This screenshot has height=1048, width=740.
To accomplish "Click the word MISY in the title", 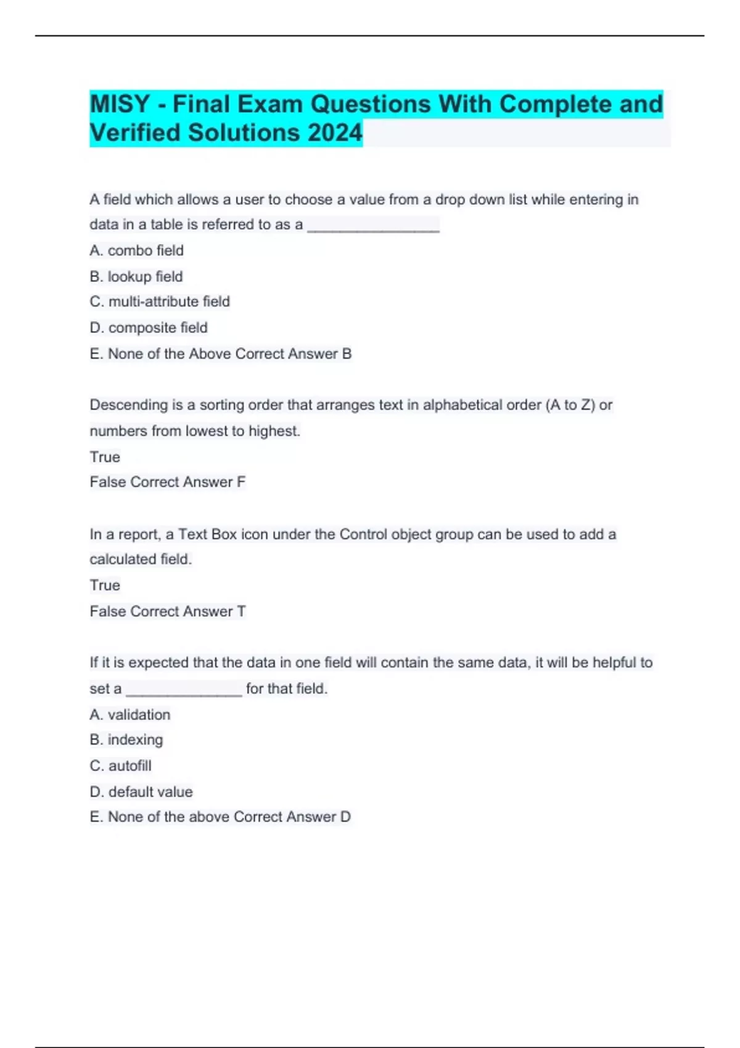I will point(120,104).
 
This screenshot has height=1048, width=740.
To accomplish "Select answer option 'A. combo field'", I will point(136,250).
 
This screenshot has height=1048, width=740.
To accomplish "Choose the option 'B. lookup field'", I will point(136,276).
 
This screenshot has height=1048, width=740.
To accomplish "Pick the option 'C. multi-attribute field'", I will point(159,301).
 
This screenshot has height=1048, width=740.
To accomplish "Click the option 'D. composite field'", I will point(148,327).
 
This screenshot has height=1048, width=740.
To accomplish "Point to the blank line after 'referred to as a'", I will point(373,226).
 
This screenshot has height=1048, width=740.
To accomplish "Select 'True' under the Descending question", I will point(105,457).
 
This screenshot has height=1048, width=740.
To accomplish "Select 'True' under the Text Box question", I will point(105,585).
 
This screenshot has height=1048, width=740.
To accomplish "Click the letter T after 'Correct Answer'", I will point(241,611).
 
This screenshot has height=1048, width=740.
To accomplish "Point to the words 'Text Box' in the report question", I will point(207,534).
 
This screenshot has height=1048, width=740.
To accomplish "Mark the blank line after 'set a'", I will point(184,690).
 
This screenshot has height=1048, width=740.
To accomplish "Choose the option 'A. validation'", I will point(129,714).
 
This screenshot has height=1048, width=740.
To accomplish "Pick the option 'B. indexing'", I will point(126,740).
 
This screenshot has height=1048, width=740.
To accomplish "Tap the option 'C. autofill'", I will point(120,766).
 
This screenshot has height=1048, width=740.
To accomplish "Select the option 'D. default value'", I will point(141,792).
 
